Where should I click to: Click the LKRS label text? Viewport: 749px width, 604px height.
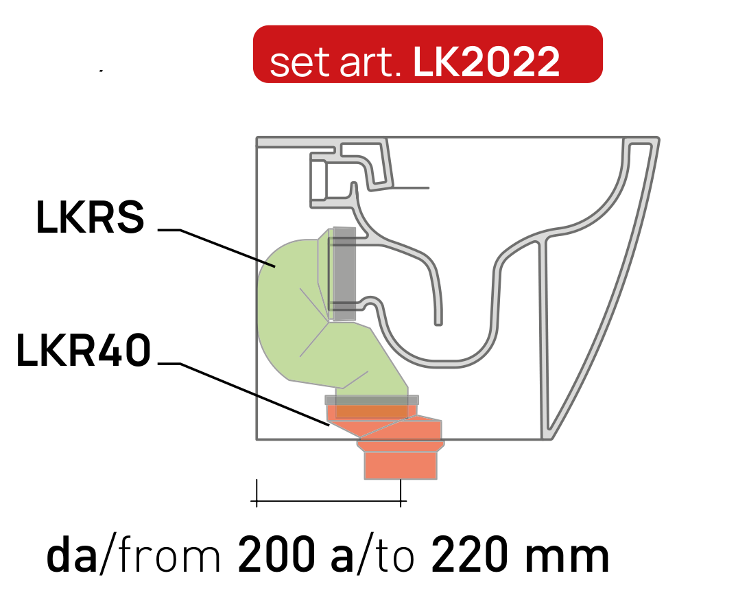pyautogui.click(x=90, y=217)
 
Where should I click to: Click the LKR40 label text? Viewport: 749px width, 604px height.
pyautogui.click(x=84, y=350)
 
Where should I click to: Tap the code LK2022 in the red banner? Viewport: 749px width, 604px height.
pyautogui.click(x=486, y=62)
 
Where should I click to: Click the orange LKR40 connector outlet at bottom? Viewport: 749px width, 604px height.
pyautogui.click(x=401, y=465)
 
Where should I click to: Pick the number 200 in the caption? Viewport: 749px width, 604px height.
pyautogui.click(x=276, y=555)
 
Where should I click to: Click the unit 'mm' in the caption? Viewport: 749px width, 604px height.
pyautogui.click(x=567, y=557)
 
